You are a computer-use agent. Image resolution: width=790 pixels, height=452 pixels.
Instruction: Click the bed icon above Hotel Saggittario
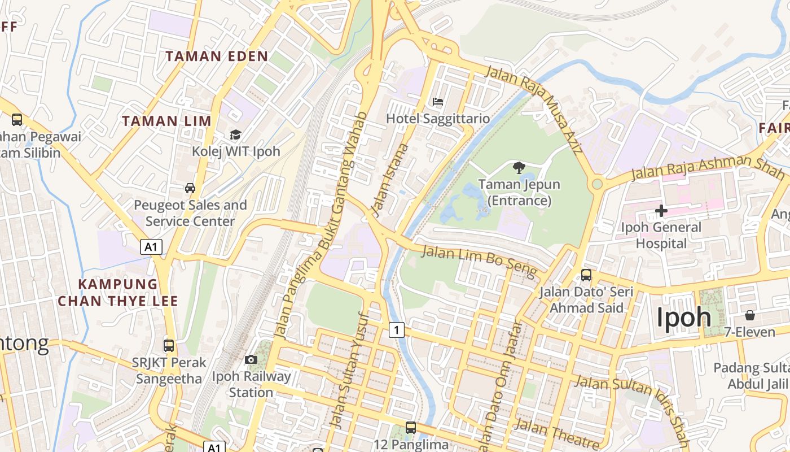tap(437, 102)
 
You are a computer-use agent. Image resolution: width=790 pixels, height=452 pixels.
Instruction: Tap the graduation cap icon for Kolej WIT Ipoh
tap(235, 134)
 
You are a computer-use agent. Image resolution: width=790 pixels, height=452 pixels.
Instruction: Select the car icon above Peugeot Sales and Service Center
tap(190, 188)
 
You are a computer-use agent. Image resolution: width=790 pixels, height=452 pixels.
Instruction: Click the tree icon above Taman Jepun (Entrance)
tap(519, 167)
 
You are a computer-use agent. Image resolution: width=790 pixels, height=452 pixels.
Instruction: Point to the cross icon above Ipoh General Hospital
tap(661, 211)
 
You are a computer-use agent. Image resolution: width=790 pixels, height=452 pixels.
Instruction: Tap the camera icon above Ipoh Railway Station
tap(251, 360)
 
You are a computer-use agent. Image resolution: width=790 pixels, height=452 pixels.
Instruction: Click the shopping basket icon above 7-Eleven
tap(750, 315)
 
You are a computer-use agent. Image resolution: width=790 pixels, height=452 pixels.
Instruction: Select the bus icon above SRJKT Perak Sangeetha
tap(168, 345)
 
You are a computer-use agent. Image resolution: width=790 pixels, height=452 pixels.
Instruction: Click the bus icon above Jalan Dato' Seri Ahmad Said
tap(586, 275)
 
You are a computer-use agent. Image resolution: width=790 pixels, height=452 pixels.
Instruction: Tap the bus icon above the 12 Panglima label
tap(411, 428)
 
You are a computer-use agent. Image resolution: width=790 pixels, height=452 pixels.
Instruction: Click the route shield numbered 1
tap(397, 330)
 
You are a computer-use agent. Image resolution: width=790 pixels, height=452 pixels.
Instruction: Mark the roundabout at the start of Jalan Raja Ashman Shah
tap(597, 184)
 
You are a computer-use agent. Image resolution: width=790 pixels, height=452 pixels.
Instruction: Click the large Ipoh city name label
tap(683, 318)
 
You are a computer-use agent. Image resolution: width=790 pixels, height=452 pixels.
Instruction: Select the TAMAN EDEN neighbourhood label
tap(217, 56)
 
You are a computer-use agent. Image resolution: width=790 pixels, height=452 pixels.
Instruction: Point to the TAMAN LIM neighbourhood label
tap(166, 121)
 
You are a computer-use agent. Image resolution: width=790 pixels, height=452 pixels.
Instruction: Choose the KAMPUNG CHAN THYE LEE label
tap(118, 292)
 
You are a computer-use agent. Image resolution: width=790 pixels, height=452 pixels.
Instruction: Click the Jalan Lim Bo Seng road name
tap(479, 262)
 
